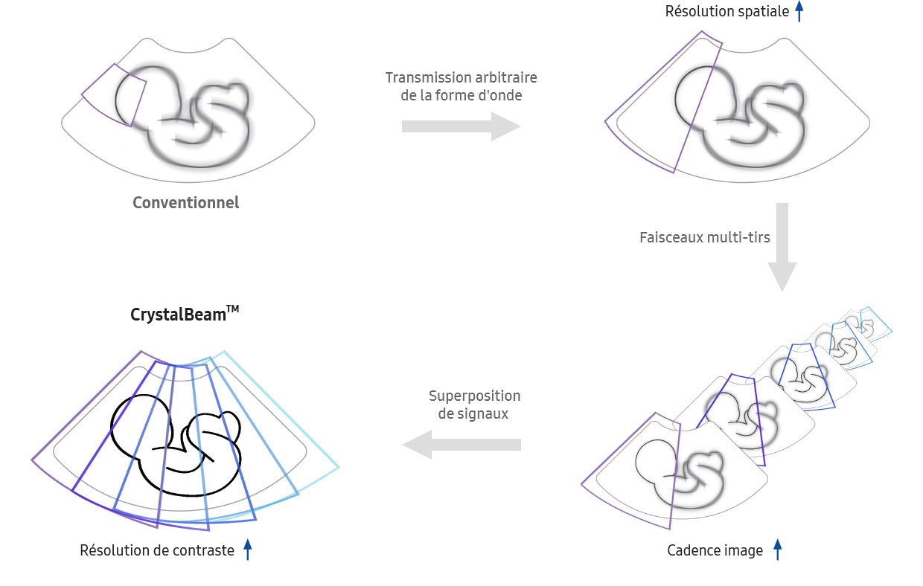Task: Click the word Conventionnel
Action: point(186,202)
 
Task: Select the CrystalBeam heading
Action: point(185,314)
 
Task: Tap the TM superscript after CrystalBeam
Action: point(233,309)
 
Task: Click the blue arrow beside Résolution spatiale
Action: point(799,11)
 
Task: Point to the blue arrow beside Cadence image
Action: point(778,550)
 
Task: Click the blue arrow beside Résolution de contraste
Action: point(248,550)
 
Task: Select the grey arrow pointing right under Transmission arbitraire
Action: point(461,126)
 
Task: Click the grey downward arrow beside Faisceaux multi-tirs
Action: point(782,247)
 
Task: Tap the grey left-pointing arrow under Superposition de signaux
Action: point(461,445)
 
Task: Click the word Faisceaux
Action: point(671,237)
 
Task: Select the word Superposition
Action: point(475,396)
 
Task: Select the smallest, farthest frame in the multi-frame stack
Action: point(869,324)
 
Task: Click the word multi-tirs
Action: point(738,237)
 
